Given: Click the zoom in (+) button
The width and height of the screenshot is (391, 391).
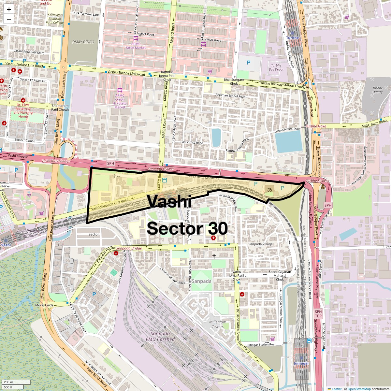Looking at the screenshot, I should point(9,9).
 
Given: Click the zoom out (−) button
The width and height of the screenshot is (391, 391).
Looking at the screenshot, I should point(9,19).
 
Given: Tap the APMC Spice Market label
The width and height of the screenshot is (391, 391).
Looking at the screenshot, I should point(136,46).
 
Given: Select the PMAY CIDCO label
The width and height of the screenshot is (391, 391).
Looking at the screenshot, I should point(83,42).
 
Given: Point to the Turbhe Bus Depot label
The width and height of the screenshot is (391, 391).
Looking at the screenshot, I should point(276,67).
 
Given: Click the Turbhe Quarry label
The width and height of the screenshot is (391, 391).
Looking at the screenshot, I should point(377,90).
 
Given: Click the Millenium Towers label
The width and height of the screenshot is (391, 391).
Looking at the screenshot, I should point(218,324).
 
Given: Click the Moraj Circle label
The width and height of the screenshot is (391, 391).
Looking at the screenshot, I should point(44,305).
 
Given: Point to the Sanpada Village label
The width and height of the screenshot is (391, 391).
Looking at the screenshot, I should point(260,244).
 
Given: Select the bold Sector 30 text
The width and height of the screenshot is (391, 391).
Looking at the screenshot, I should point(187,228).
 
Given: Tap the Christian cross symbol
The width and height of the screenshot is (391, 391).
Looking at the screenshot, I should point(214,256).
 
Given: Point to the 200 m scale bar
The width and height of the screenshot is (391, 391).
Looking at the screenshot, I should point(16,382).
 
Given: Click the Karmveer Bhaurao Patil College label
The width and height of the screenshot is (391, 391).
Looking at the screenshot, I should point(54,19).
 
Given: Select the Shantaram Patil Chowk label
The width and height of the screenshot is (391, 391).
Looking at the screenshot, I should point(60,108).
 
